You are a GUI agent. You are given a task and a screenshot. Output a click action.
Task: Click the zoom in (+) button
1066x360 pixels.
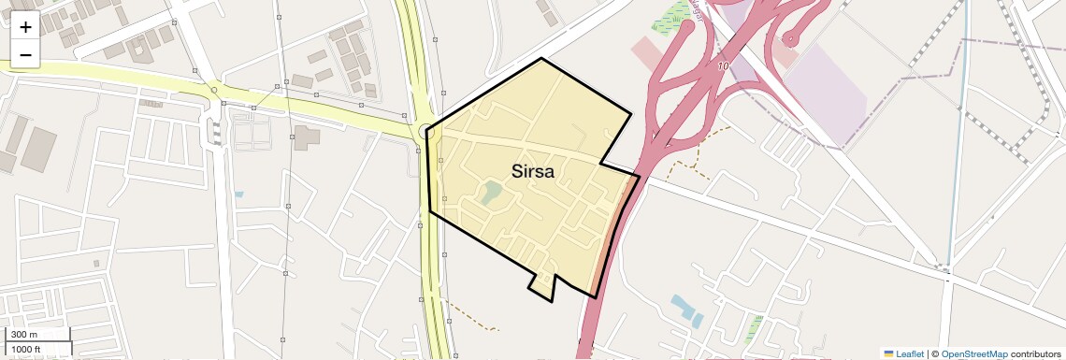pos(25,27)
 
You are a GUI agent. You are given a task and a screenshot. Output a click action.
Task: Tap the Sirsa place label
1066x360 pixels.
pos(532,172)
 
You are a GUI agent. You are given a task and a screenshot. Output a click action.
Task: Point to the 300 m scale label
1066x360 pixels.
pos(25,335)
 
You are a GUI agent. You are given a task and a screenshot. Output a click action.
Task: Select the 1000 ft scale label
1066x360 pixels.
pos(27,349)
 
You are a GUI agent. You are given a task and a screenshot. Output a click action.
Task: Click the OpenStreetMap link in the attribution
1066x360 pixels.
pos(973,353)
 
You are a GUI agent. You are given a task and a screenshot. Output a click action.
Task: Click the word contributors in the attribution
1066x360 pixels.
pos(1035,353)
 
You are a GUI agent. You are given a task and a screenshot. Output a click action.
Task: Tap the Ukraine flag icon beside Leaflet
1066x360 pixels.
pos(888,353)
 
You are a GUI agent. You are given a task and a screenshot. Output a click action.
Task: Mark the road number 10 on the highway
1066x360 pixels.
pos(723,66)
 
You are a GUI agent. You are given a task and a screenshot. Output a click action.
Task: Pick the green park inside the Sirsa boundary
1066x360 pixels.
pos(491,194)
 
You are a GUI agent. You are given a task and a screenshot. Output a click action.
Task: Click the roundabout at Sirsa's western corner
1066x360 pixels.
pos(426,131)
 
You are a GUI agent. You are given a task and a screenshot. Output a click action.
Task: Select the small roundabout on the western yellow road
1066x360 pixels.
pos(214,91)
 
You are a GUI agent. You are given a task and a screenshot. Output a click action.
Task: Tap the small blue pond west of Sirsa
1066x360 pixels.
pos(239,194)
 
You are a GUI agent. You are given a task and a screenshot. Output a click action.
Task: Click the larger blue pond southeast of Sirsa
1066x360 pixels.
pos(686,310)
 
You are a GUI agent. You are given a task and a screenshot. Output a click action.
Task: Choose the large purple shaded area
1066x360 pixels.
pos(828,89)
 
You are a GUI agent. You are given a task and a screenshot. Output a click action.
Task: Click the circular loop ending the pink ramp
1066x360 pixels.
pos(791,38)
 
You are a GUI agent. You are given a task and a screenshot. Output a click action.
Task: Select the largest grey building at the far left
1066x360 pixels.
pos(38,148)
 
